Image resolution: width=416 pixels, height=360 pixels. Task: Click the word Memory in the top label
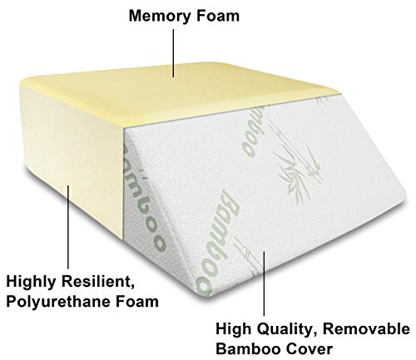[x=160, y=17]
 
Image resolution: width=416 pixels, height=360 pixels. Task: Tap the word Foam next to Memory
[x=218, y=16]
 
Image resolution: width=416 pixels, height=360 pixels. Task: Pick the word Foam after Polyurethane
[x=137, y=301]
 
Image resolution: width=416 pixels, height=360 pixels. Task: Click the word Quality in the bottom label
[x=285, y=330]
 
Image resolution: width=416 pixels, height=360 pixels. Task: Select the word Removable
[x=366, y=329]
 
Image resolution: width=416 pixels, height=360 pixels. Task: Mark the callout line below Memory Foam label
[x=174, y=53]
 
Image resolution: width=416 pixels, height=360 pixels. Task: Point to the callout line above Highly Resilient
[x=68, y=227]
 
